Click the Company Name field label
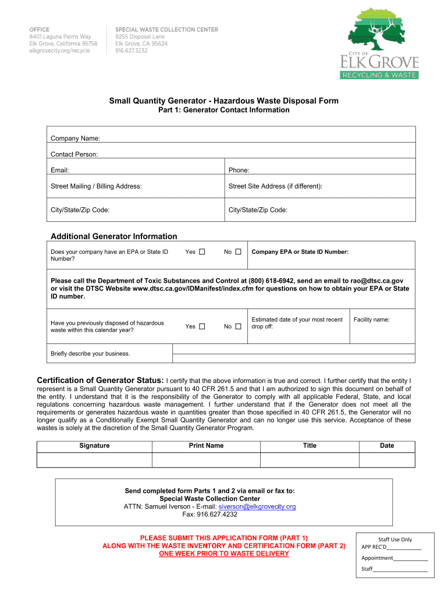[x=75, y=139]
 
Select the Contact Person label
[x=74, y=154]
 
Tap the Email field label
[x=60, y=171]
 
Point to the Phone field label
[x=239, y=171]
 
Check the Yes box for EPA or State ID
[x=202, y=252]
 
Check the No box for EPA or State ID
[x=238, y=252]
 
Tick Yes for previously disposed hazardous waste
[x=202, y=327]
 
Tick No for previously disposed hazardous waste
[x=238, y=327]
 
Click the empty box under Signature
[x=94, y=460]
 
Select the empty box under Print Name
[x=206, y=460]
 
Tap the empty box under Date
[x=387, y=460]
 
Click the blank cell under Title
[x=310, y=460]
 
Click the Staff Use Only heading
[x=394, y=540]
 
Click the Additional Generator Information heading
[x=113, y=236]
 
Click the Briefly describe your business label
[x=90, y=353]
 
